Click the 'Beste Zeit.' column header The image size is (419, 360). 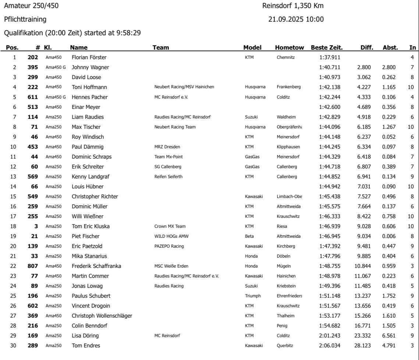327,47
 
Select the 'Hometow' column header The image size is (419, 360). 290,47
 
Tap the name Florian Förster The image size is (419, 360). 89,57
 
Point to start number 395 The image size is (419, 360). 33,67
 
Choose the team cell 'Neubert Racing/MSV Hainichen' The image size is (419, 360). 184,87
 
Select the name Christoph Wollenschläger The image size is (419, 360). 102,315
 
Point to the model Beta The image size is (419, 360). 249,236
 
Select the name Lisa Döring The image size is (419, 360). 85,336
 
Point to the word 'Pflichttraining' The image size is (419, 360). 25,19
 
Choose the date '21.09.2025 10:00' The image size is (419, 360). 296,19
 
